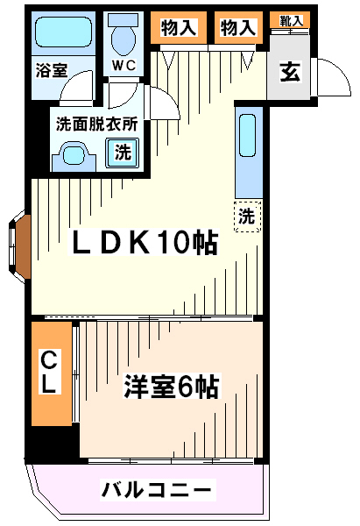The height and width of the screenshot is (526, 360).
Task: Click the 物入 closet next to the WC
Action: [179, 27]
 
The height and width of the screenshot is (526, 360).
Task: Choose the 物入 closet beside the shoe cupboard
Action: [236, 27]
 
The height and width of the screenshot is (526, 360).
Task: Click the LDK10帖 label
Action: [145, 245]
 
